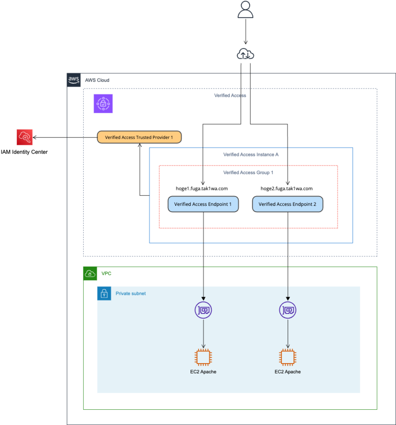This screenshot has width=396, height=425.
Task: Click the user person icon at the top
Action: tap(245, 10)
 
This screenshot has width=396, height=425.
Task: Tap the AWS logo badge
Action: tap(73, 80)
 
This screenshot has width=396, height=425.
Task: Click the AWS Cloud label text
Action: tap(97, 80)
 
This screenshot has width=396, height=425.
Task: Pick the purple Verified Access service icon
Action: tap(103, 104)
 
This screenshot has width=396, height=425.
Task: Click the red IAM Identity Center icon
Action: tap(25, 137)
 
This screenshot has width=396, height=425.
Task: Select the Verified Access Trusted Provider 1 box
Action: tap(139, 137)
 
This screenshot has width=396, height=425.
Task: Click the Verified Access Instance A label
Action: tap(251, 154)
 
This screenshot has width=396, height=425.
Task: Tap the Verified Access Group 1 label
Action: tap(248, 172)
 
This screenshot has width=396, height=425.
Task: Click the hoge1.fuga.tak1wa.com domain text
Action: tap(202, 189)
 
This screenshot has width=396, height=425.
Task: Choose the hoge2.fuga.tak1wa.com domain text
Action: tap(287, 189)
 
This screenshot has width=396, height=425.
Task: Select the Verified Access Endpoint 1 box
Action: tap(203, 204)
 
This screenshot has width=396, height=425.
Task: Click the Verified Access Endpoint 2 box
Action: tap(288, 204)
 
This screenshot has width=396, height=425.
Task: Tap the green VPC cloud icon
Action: tap(90, 273)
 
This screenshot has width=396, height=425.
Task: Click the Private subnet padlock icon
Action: tap(104, 294)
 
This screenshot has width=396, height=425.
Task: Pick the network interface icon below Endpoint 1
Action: tap(203, 310)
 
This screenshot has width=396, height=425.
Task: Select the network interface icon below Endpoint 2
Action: tap(288, 310)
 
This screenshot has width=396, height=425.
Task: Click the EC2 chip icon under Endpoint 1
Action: tap(203, 357)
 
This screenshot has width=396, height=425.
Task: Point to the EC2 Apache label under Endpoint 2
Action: tap(288, 372)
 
